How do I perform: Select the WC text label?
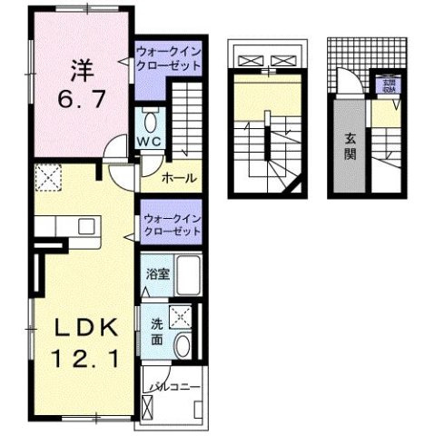pos(149,141)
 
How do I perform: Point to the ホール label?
pos(179,178)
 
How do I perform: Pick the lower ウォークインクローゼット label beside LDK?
pos(170,226)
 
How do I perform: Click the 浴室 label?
pos(155,272)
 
